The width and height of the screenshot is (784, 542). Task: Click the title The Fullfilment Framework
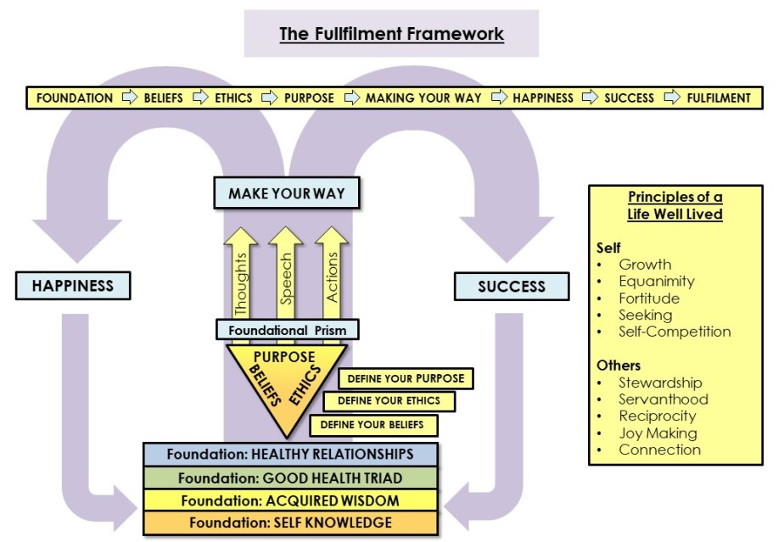tap(391, 35)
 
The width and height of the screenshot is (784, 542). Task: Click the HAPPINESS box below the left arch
tap(72, 286)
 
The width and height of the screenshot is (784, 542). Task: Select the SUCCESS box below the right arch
tap(511, 286)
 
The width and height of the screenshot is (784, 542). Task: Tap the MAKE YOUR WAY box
tap(287, 193)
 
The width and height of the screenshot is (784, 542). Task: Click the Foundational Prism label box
tap(287, 329)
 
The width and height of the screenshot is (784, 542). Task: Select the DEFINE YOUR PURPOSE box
tap(406, 378)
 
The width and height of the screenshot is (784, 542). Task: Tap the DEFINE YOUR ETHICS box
tap(389, 401)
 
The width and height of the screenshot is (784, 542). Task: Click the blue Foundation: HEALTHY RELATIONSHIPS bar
tap(290, 455)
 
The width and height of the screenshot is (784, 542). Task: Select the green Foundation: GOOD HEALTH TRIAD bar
tap(290, 478)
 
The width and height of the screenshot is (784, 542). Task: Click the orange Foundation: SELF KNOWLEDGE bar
tap(290, 522)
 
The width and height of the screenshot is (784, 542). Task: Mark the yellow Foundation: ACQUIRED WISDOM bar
tap(290, 500)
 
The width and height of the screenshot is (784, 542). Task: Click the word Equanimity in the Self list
tap(656, 282)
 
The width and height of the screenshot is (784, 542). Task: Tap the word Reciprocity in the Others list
tap(657, 416)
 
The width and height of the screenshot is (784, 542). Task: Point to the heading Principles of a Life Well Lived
tap(675, 206)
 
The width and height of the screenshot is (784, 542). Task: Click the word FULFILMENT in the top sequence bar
tap(718, 98)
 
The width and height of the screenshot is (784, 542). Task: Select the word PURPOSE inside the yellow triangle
tap(284, 357)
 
